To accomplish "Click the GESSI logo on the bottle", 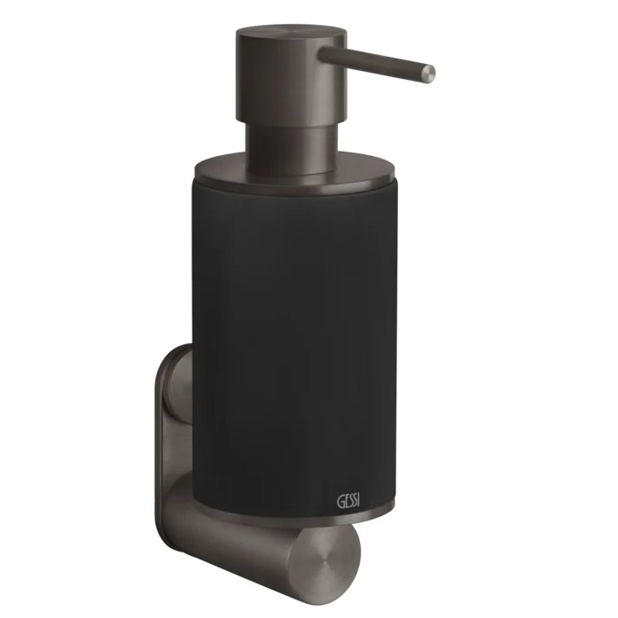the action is pos(350,503).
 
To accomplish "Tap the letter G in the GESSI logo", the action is pos(340,503).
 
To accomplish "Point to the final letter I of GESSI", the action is pos(363,503).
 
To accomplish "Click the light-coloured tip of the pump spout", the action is pos(429,74).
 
